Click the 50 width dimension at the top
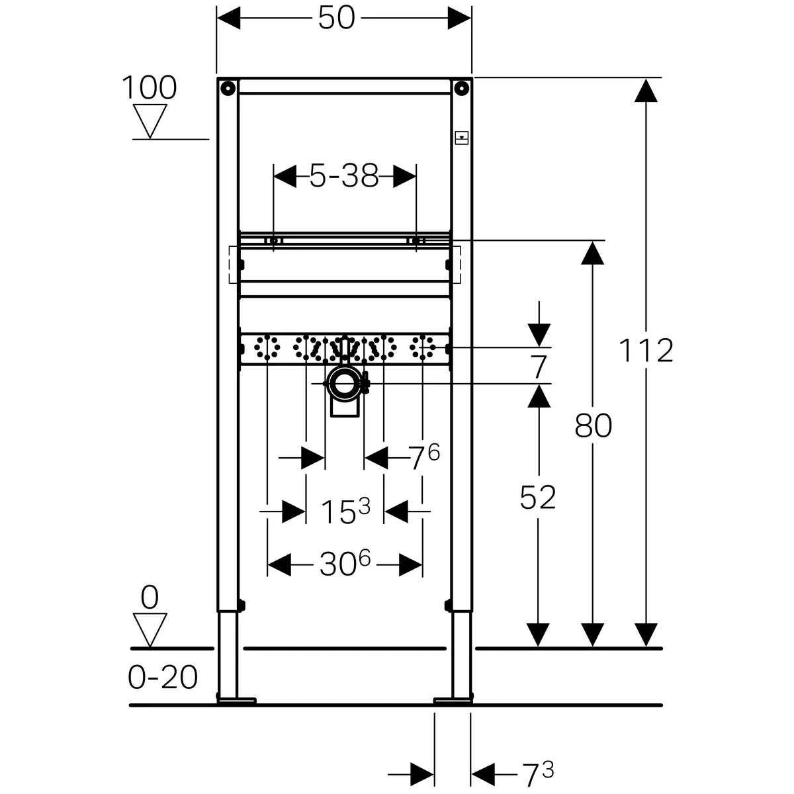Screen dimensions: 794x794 (336, 18)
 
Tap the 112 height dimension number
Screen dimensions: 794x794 (646, 351)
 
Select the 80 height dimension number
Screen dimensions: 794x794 (593, 426)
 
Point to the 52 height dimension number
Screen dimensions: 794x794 (538, 498)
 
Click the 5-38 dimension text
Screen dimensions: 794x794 (344, 176)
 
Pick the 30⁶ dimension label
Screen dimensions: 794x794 (345, 563)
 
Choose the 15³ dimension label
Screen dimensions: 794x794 (345, 511)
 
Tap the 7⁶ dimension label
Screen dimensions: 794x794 (424, 457)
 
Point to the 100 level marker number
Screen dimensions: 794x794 (149, 87)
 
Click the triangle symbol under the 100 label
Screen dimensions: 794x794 (150, 121)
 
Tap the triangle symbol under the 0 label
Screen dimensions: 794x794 (150, 631)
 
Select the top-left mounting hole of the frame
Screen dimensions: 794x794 (228, 88)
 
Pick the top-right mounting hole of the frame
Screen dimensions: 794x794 (461, 88)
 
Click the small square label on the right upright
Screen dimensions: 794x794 (461, 138)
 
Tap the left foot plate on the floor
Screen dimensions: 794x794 (236, 701)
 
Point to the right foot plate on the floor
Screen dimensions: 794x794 (453, 701)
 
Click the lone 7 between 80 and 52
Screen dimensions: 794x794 (539, 367)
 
